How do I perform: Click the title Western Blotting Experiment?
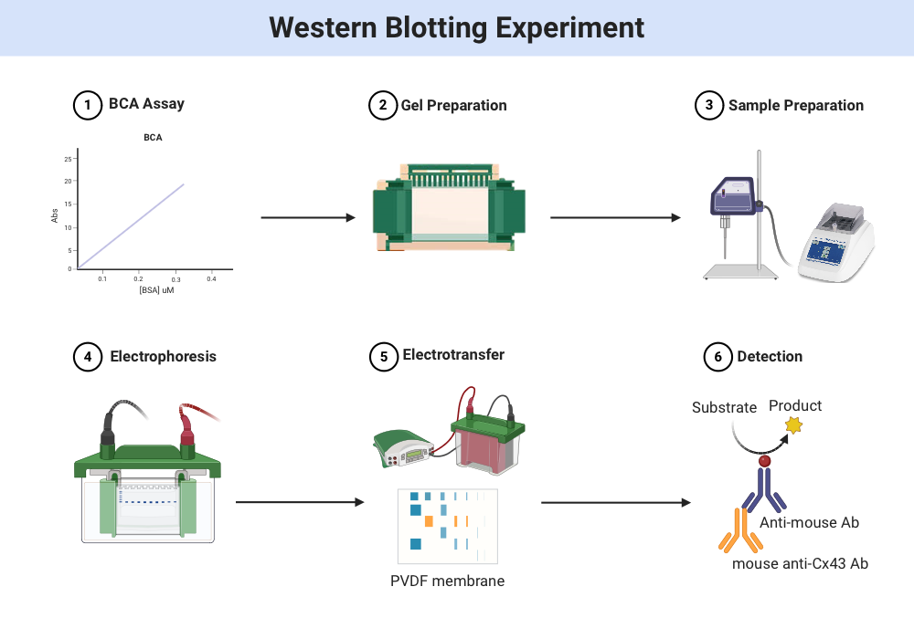coord(456,27)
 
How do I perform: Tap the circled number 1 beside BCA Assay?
coord(87,105)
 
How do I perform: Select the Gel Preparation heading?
coord(453,105)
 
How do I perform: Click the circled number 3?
coord(708,105)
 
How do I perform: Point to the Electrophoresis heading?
coord(163,356)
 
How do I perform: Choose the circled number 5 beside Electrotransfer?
coord(383,356)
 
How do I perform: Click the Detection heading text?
coord(770,356)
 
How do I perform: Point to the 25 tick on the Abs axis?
coord(68,159)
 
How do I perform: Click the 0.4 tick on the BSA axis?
coord(211,278)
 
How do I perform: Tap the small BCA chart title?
coord(153,138)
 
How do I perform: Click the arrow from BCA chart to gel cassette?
coord(307,217)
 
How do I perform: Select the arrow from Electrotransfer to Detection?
coord(615,502)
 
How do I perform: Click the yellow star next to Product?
coord(793,425)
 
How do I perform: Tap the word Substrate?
coord(724,407)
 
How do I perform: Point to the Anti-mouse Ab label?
coord(809,522)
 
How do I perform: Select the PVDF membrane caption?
coord(448,581)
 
